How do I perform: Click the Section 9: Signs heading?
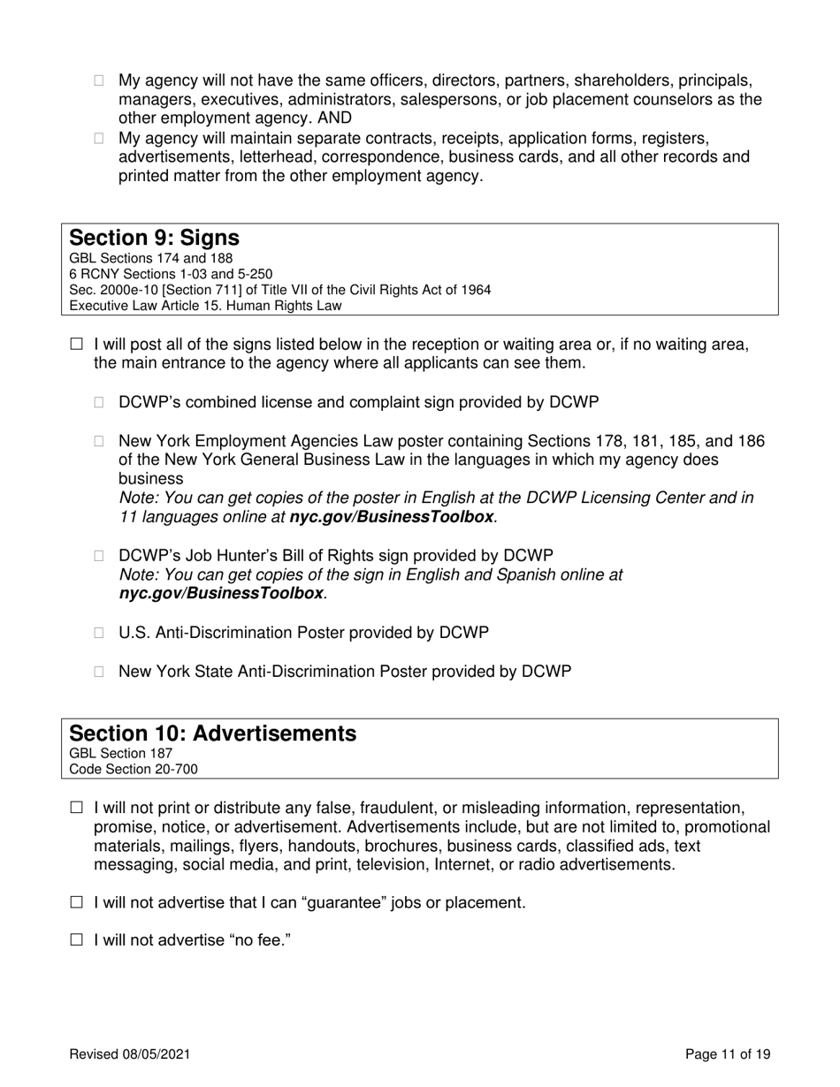pyautogui.click(x=154, y=239)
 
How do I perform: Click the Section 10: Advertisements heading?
pyautogui.click(x=213, y=734)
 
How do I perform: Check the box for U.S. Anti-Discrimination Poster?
pyautogui.click(x=100, y=634)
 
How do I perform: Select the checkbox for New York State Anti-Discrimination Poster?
pyautogui.click(x=100, y=672)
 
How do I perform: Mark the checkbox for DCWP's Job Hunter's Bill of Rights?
pyautogui.click(x=100, y=556)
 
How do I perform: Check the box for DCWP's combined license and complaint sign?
pyautogui.click(x=100, y=403)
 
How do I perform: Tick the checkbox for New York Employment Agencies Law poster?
pyautogui.click(x=100, y=442)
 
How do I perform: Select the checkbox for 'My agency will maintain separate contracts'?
pyautogui.click(x=100, y=139)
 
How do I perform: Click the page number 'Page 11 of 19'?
pyautogui.click(x=728, y=1054)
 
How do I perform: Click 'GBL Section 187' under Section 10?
pyautogui.click(x=120, y=753)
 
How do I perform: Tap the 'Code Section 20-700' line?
pyautogui.click(x=134, y=769)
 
